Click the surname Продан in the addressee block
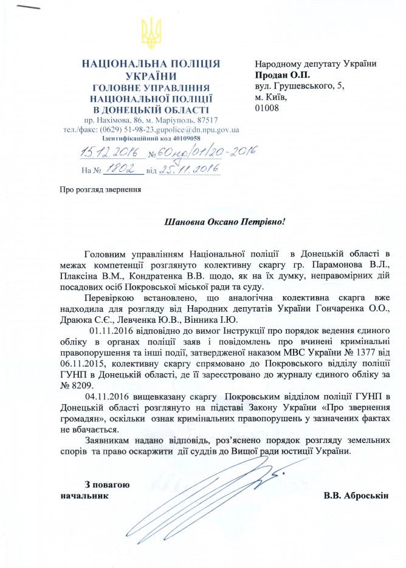pyautogui.click(x=272, y=75)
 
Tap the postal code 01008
pyautogui.click(x=267, y=108)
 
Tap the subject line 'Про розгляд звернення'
pyautogui.click(x=100, y=189)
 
